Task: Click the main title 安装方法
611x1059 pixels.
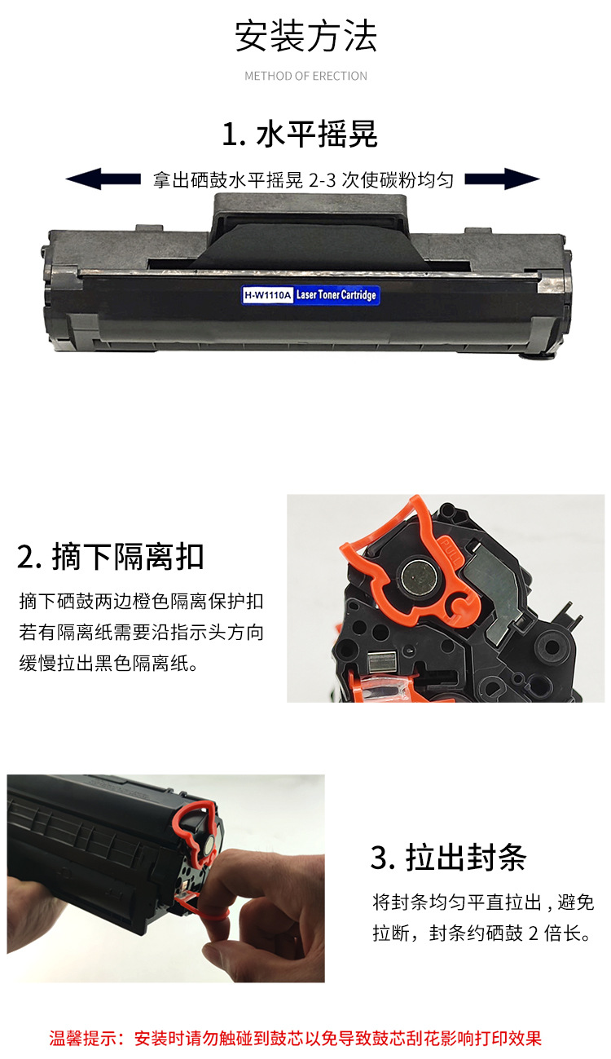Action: pyautogui.click(x=305, y=37)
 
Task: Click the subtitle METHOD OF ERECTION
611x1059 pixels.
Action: pyautogui.click(x=305, y=76)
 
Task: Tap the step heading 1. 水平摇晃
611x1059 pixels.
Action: pyautogui.click(x=300, y=135)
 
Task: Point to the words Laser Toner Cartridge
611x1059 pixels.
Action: pyautogui.click(x=336, y=294)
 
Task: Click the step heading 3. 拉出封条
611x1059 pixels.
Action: pyautogui.click(x=448, y=858)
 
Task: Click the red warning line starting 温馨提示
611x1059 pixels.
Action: pyautogui.click(x=296, y=1039)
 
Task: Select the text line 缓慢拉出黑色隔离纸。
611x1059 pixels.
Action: pyautogui.click(x=108, y=664)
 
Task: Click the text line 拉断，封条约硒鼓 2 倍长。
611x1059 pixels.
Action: pyautogui.click(x=481, y=933)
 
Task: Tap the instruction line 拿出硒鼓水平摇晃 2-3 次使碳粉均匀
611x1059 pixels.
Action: pyautogui.click(x=303, y=180)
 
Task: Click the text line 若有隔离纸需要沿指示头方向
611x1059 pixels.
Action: pyautogui.click(x=141, y=633)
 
